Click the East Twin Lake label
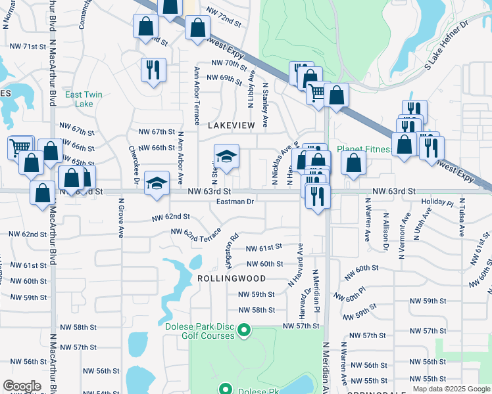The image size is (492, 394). click(84, 99)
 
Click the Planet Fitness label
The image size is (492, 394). click(364, 149)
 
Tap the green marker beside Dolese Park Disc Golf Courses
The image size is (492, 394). click(244, 330)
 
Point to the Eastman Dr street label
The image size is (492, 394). click(235, 202)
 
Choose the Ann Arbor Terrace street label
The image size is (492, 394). click(196, 95)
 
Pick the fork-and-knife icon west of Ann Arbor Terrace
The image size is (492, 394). click(153, 69)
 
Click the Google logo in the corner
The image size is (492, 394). click(22, 386)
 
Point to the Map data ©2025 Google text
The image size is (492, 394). click(451, 389)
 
